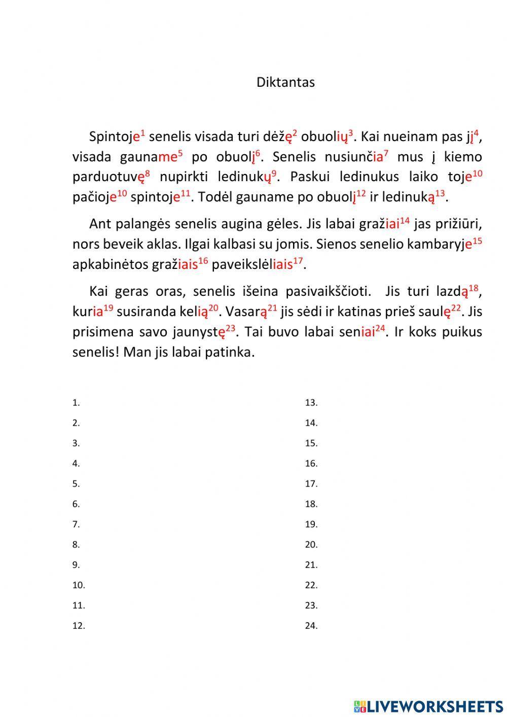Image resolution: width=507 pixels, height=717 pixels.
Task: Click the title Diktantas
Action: click(x=285, y=82)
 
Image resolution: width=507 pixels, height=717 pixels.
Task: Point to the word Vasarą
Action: click(x=245, y=312)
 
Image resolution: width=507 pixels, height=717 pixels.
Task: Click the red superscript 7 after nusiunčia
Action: click(x=386, y=153)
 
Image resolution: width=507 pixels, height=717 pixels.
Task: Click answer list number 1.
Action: click(x=76, y=403)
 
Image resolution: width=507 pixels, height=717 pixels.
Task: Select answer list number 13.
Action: click(x=311, y=403)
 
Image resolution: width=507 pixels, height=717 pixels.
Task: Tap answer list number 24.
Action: click(x=311, y=626)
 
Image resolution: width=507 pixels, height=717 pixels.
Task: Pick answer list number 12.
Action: click(x=78, y=626)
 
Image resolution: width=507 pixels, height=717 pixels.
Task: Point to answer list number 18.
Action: click(x=311, y=504)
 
